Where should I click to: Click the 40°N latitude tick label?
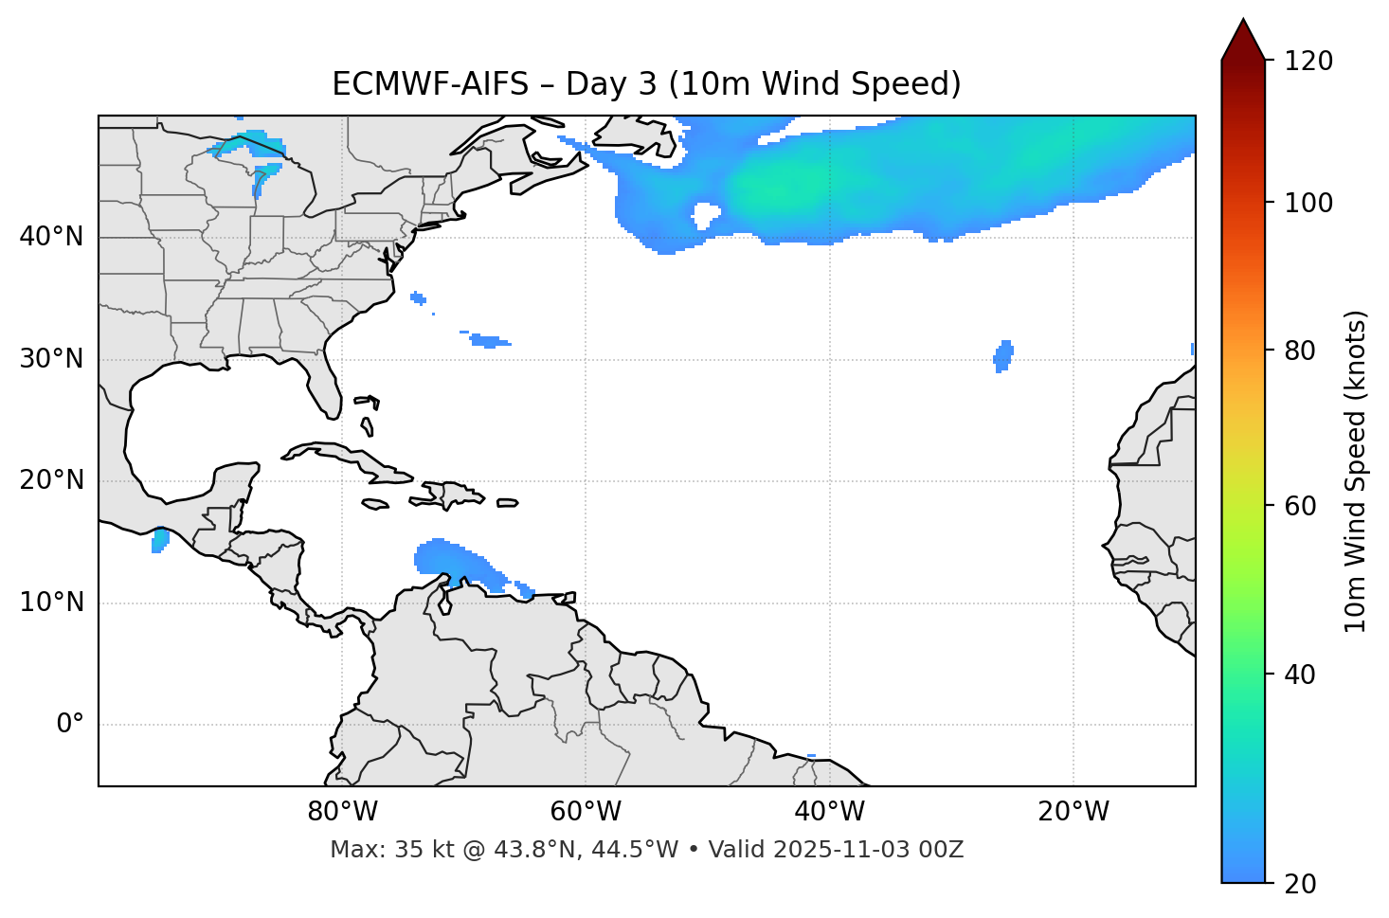coord(51,237)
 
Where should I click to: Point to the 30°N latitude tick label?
coord(51,359)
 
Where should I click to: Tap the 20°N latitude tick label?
coord(51,480)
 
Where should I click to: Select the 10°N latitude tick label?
coord(51,603)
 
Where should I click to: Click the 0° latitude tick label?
coord(70,725)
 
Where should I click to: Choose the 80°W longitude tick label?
coord(342,812)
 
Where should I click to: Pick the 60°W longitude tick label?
coord(586,812)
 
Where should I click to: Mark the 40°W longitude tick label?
coord(829,812)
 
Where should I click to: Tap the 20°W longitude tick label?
coord(1073,812)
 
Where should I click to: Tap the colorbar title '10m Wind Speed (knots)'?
coord(1355,471)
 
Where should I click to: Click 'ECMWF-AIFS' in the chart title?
coord(430,84)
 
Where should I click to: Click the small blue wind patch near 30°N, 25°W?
coord(1002,355)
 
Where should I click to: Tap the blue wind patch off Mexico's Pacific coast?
coord(160,541)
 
